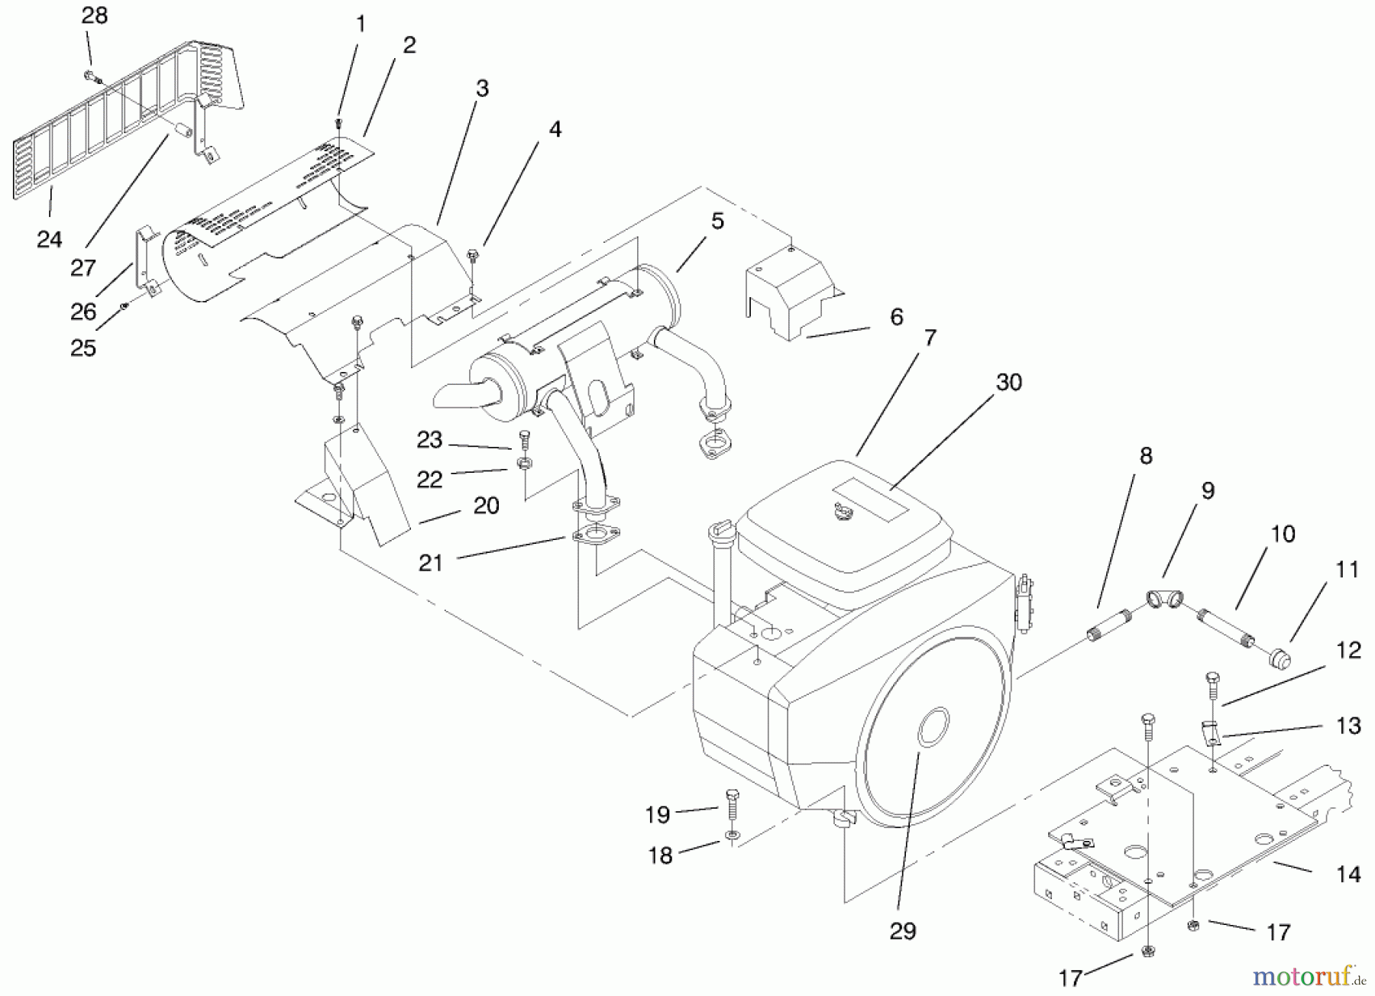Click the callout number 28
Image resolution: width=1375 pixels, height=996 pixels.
pos(95,15)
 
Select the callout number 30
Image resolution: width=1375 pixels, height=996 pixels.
pos(1009,382)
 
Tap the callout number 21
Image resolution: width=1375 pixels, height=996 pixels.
pos(431,563)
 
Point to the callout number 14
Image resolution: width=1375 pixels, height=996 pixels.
pos(1349,874)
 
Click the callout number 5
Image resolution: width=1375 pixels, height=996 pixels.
pos(717,221)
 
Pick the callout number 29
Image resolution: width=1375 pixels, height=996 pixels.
pos(903,931)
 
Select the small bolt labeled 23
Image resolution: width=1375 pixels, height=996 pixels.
pos(524,440)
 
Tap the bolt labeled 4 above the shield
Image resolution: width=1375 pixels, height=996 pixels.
pos(471,254)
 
